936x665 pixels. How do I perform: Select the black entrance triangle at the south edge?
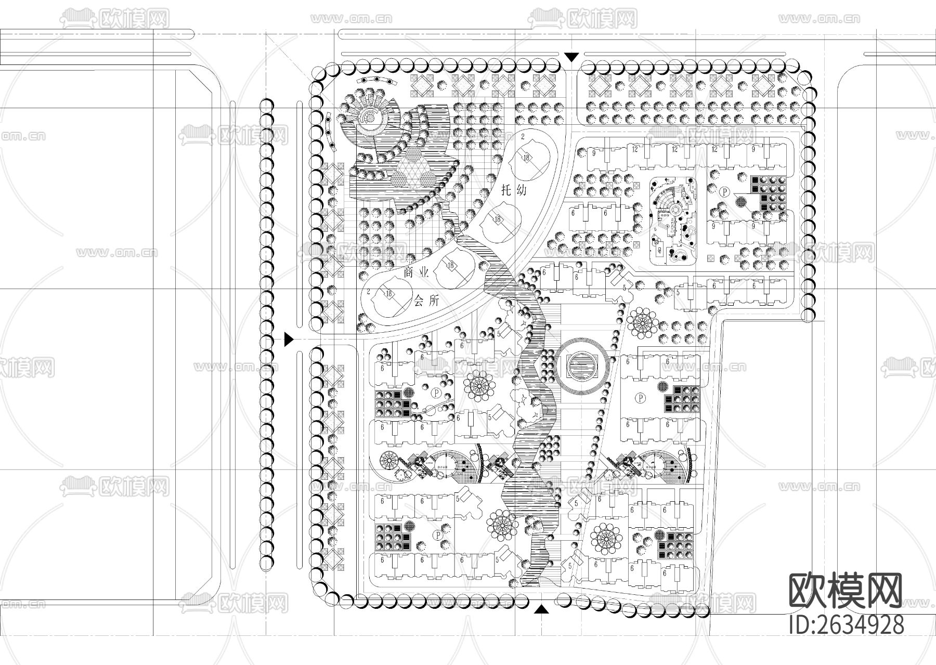pos(541,609)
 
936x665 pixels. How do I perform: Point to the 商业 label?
pos(416,272)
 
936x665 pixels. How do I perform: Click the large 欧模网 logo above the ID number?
pos(846,591)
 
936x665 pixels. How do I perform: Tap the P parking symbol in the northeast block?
pos(724,191)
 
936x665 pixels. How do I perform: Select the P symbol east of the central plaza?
pos(641,397)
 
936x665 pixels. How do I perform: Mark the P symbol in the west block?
pos(436,390)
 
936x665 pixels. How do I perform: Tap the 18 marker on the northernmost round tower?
pos(527,158)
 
